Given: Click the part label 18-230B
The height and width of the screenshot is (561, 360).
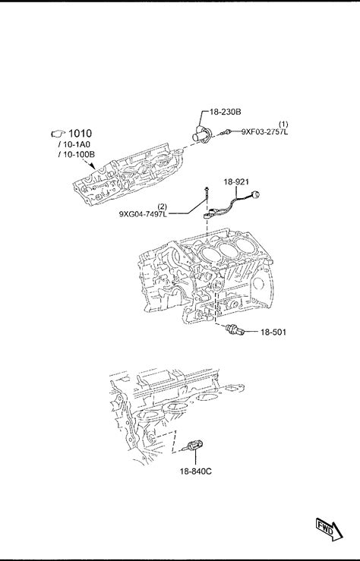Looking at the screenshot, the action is (x=225, y=112).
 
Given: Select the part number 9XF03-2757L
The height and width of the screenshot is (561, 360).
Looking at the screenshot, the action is (x=264, y=131).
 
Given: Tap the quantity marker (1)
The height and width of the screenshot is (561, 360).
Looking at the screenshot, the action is (x=283, y=124).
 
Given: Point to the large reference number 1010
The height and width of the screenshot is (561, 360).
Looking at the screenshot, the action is (x=80, y=134).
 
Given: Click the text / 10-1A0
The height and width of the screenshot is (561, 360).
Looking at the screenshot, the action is (x=74, y=145).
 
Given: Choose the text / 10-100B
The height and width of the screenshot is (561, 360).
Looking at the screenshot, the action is (x=76, y=155).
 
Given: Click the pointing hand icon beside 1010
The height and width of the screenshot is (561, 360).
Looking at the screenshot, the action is (x=58, y=134).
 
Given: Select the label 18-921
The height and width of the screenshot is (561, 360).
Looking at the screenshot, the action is (x=236, y=181).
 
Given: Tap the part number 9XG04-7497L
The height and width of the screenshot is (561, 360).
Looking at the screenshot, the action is (x=143, y=214).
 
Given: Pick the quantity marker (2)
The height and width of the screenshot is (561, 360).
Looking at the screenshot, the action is (x=162, y=206).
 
